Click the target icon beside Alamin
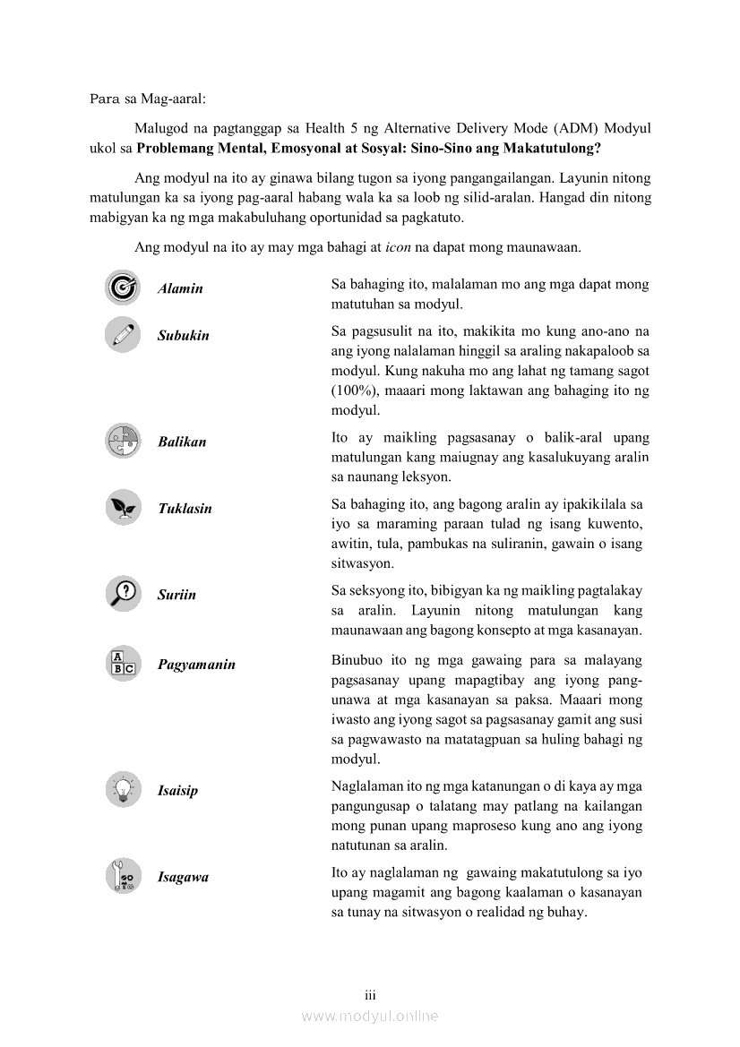pos(122,287)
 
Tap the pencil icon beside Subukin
pos(122,334)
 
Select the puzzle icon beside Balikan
pos(122,441)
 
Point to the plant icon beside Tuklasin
pos(122,508)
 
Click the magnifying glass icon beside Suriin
pos(122,593)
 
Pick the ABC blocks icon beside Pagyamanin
pos(122,664)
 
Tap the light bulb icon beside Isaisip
pos(122,789)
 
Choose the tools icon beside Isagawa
pos(122,876)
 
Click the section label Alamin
pos(180,288)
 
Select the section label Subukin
pos(184,336)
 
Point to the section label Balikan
pos(182,442)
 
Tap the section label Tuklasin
pos(185,509)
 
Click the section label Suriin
pos(176,595)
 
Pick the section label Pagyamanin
pos(196,665)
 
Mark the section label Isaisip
pos(177,791)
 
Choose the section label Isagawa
pos(183,878)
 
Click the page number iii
pos(369,995)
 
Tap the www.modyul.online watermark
pos(370,1016)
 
